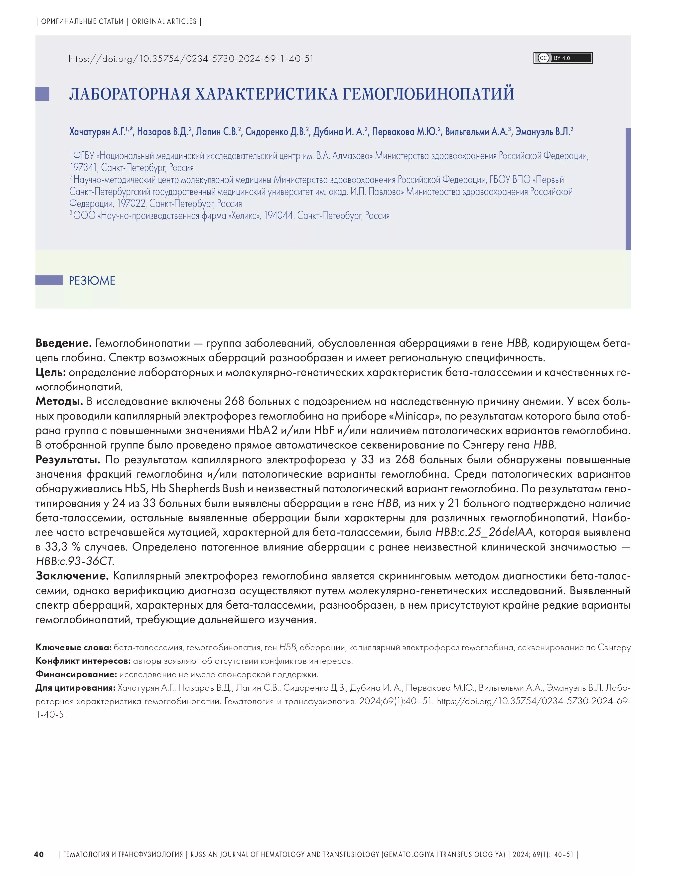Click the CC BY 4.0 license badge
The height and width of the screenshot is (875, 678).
pyautogui.click(x=563, y=58)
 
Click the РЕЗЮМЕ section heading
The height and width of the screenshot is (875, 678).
pyautogui.click(x=92, y=280)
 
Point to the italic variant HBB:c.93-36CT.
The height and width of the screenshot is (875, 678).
pyautogui.click(x=75, y=561)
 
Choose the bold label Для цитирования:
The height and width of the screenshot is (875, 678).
pyautogui.click(x=75, y=688)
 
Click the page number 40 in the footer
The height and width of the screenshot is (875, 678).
pyautogui.click(x=39, y=854)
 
